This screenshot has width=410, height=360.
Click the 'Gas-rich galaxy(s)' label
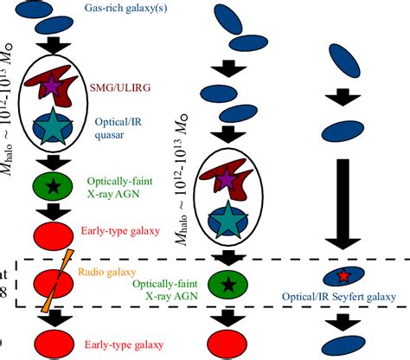126,8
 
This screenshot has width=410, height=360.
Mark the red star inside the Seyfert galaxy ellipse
343,275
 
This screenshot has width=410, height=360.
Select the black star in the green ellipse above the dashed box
54,186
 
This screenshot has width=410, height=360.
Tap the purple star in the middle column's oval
227,179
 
